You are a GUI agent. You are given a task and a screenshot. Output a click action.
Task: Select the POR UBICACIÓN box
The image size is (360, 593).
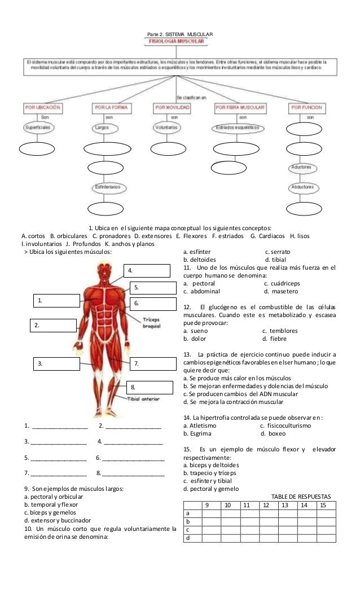43,107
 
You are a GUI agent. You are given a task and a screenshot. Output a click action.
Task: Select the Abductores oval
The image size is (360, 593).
302,187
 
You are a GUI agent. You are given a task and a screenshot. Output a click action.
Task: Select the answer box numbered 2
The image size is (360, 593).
53,325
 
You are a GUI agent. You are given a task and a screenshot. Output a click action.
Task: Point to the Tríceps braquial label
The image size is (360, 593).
152,322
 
